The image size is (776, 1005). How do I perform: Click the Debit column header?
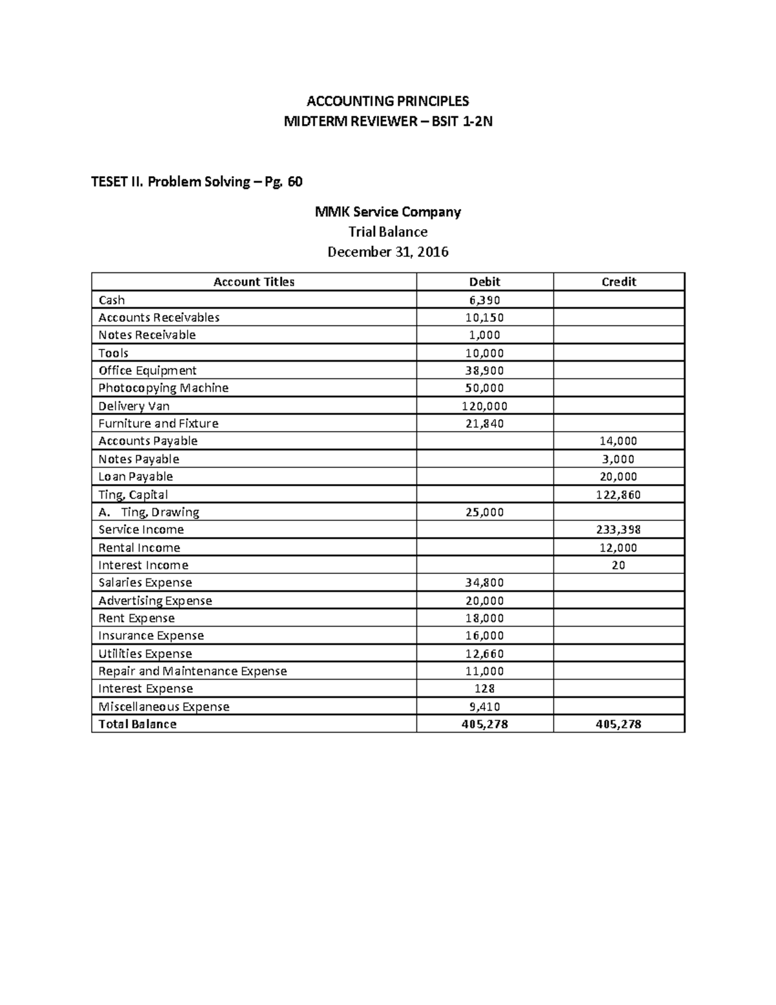[x=484, y=282]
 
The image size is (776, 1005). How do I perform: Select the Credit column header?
[x=619, y=282]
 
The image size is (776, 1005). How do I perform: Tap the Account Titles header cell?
[x=253, y=282]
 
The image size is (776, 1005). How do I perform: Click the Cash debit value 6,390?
[x=484, y=300]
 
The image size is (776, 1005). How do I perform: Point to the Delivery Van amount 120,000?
[x=484, y=406]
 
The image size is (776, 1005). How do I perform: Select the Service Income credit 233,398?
[x=618, y=529]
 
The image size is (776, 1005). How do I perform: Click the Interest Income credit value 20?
[x=618, y=565]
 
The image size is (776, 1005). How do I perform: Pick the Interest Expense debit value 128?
[x=484, y=689]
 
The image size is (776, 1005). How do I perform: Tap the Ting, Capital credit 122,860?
[x=618, y=494]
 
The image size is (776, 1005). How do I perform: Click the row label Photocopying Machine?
[x=163, y=388]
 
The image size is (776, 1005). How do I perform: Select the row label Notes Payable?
[x=138, y=459]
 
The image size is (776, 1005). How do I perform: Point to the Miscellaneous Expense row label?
[x=164, y=707]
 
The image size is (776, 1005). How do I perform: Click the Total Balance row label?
[x=137, y=724]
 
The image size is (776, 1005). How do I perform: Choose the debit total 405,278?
[x=484, y=724]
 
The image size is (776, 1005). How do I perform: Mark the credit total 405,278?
[x=618, y=724]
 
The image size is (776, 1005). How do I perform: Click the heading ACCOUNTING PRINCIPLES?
[x=387, y=101]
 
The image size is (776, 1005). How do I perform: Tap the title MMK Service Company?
[x=387, y=212]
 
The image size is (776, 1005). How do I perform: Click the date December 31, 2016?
[x=387, y=252]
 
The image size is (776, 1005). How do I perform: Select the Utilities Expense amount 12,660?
[x=484, y=654]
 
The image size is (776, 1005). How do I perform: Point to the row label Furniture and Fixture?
[x=158, y=423]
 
